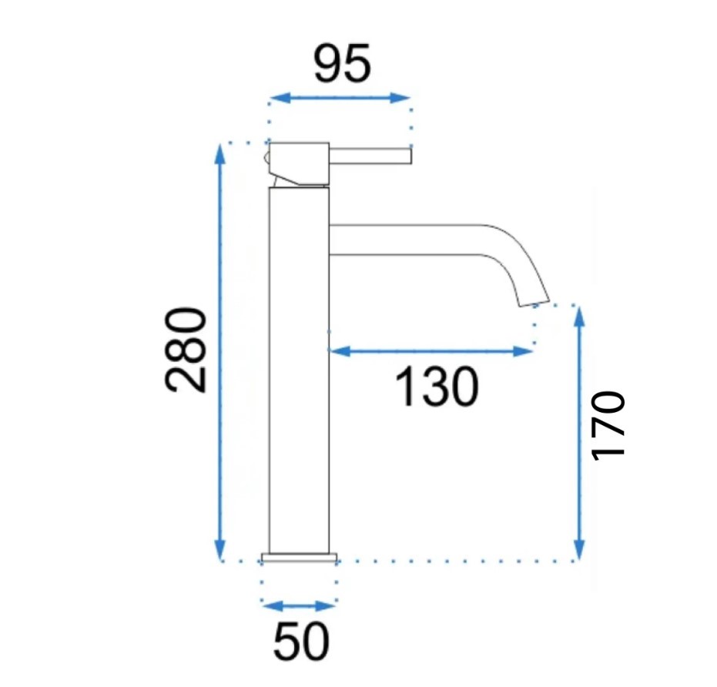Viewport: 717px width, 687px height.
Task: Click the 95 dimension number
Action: tap(342, 64)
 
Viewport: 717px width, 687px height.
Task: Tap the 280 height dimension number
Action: tap(186, 350)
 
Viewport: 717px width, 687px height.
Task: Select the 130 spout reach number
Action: tap(437, 387)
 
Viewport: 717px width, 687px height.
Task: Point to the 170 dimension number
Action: tap(607, 425)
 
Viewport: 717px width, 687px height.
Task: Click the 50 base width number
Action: tap(301, 640)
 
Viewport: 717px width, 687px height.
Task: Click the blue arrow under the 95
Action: tap(340, 97)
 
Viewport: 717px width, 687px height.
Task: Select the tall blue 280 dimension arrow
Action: tap(220, 351)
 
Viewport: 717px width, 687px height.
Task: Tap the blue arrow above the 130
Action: tap(431, 351)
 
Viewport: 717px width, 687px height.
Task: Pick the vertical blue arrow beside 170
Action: tap(579, 432)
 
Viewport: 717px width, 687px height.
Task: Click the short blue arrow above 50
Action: tap(299, 606)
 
